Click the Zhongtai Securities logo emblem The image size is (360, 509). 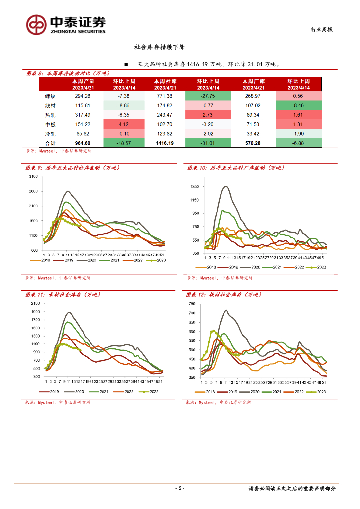37,25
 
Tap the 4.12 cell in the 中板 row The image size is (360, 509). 122,124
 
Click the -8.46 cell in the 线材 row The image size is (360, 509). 298,105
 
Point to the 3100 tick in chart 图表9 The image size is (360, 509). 34,177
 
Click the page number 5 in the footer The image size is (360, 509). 180,488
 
